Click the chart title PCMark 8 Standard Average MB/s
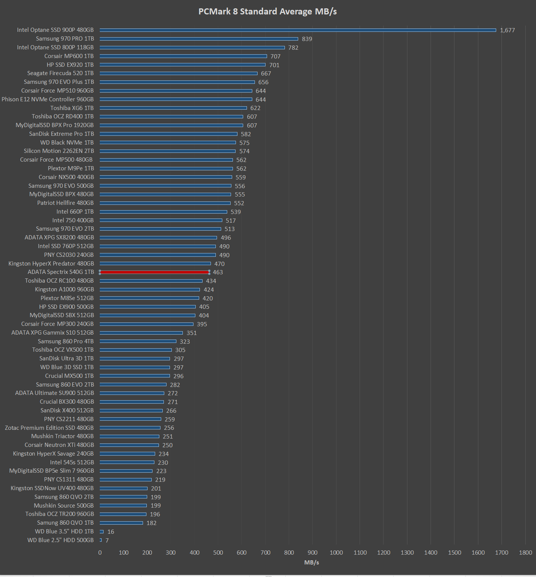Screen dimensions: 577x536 coord(267,11)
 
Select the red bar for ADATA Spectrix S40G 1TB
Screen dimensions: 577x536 coord(154,272)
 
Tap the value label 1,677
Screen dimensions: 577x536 coord(507,30)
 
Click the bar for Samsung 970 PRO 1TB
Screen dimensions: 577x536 coord(199,39)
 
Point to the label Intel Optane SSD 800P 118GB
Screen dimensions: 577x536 coord(55,47)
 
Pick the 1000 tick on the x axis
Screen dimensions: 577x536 coord(336,552)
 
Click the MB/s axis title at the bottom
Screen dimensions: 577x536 coord(311,562)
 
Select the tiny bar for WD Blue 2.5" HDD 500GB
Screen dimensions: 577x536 coord(101,540)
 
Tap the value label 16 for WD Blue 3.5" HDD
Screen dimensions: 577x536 coord(111,531)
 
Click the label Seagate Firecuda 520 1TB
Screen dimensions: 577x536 coord(60,73)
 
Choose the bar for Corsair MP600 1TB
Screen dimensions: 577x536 coord(183,56)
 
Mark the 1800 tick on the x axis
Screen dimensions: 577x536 coord(525,552)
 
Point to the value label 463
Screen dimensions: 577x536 coord(218,272)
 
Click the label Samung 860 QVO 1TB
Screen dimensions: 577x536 coord(65,523)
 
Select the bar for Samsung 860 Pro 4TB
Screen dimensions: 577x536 coord(138,341)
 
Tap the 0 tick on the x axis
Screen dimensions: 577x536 coord(100,552)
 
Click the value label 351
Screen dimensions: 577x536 coord(192,333)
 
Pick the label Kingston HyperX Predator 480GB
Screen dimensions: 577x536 coord(51,264)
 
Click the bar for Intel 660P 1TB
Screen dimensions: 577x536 coord(163,212)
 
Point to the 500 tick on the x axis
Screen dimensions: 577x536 coord(218,552)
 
